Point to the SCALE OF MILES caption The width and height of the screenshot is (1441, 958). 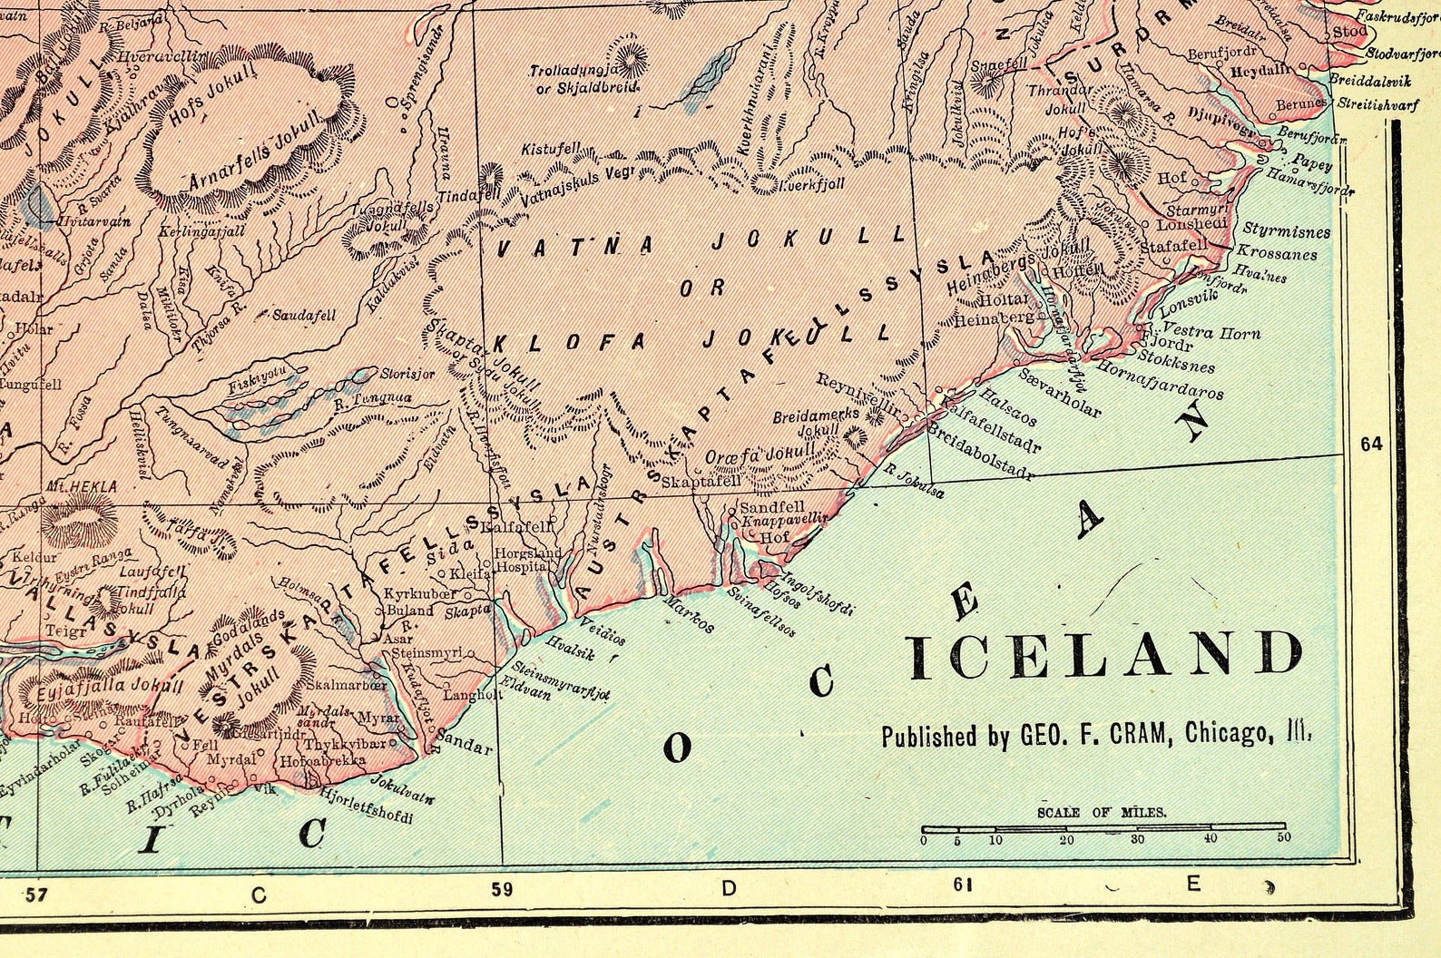(x=1102, y=813)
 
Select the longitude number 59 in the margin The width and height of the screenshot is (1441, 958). (x=502, y=890)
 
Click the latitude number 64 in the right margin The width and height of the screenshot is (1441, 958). (x=1370, y=444)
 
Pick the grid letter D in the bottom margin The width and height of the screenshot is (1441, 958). (x=729, y=889)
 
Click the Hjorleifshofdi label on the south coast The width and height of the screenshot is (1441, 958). (x=367, y=806)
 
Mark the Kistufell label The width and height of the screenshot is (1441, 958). (x=544, y=148)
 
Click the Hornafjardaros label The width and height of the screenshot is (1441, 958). (x=1160, y=380)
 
